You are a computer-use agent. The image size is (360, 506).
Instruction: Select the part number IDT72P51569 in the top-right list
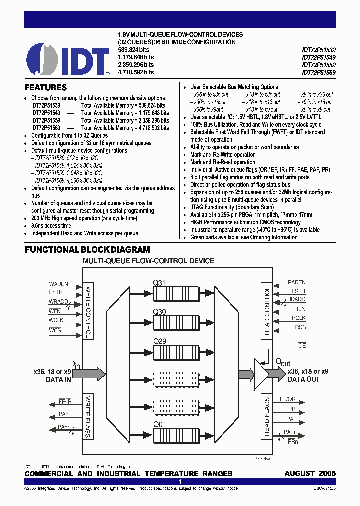318,72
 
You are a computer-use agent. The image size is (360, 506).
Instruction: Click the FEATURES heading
46,87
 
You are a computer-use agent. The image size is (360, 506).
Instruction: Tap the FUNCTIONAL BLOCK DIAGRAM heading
87,250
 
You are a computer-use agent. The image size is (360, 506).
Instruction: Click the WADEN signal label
59,284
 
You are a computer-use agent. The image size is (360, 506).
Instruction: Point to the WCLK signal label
56,320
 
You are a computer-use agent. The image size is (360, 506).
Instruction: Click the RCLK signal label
299,318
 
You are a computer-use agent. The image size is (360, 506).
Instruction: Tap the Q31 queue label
159,283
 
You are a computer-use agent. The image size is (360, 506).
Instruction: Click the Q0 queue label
158,423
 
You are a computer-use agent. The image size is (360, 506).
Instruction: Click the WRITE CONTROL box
88,310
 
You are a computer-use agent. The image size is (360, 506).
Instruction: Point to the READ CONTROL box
267,310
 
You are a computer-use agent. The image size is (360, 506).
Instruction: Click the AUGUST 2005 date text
310,473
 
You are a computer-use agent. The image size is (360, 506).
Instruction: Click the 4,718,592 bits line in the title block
135,72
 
